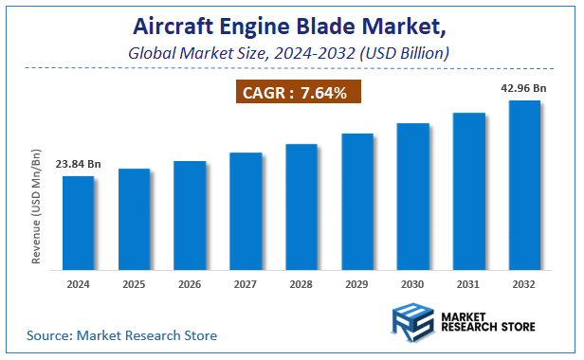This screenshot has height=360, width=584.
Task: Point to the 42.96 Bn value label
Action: [524, 88]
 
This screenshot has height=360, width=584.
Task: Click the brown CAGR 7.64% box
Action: [294, 94]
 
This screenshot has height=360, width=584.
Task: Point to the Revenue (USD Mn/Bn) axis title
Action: [37, 206]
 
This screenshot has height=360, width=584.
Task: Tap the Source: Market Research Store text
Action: [121, 335]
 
